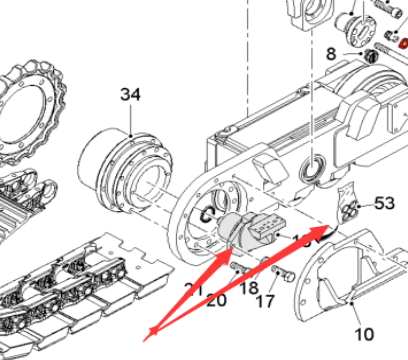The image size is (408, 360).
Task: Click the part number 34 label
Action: click(x=131, y=95)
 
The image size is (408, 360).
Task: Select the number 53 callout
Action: click(x=385, y=203)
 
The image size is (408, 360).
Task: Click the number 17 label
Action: click(x=266, y=301)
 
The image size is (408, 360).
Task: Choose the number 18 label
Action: click(x=247, y=288)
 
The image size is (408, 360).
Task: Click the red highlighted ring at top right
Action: click(x=400, y=44)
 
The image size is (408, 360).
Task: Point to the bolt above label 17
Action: click(x=276, y=269)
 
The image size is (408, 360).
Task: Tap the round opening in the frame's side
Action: click(x=313, y=166)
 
